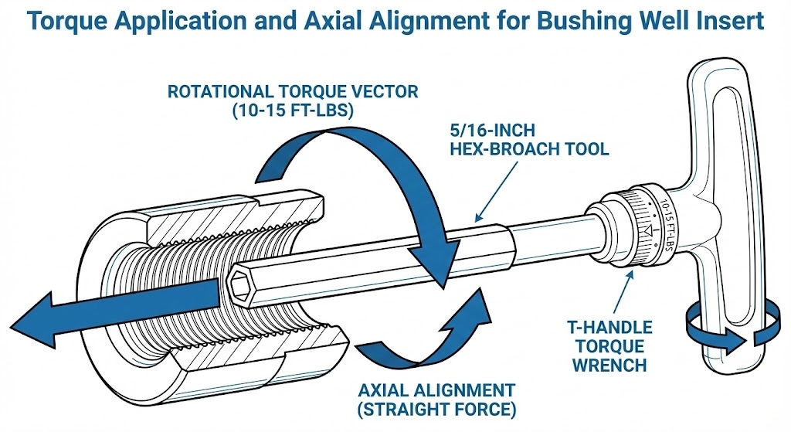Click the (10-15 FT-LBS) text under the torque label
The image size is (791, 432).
tap(293, 111)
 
